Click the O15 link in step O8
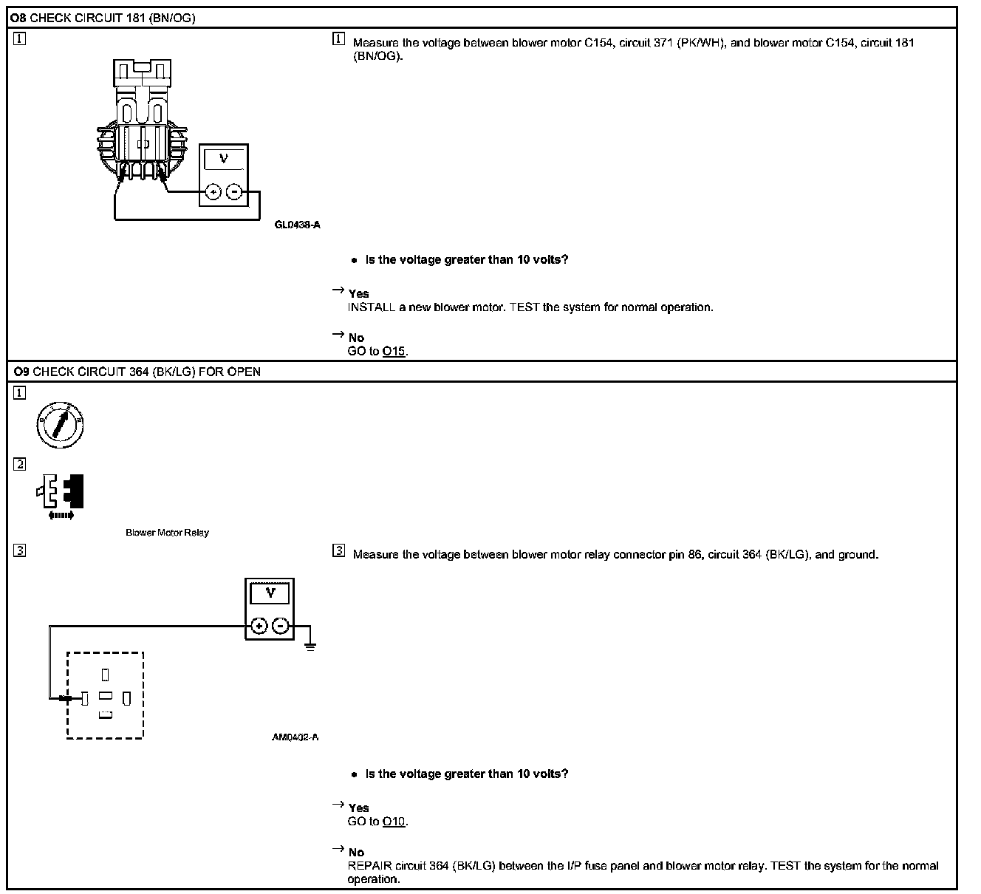click(394, 352)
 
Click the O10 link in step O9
click(394, 822)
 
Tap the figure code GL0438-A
click(297, 225)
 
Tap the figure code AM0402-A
click(295, 737)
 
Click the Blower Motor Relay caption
click(167, 533)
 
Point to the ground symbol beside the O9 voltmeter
click(310, 645)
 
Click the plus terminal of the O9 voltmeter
click(259, 627)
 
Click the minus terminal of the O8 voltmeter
click(234, 192)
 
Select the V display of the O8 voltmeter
click(224, 160)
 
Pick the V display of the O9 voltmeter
click(270, 593)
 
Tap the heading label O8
click(18, 18)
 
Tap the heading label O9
click(20, 372)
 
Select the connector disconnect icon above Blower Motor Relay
click(61, 494)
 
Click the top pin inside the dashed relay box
click(106, 675)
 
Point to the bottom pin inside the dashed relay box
click(106, 714)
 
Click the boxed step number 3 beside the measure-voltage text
click(339, 550)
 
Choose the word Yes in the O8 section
click(359, 293)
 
